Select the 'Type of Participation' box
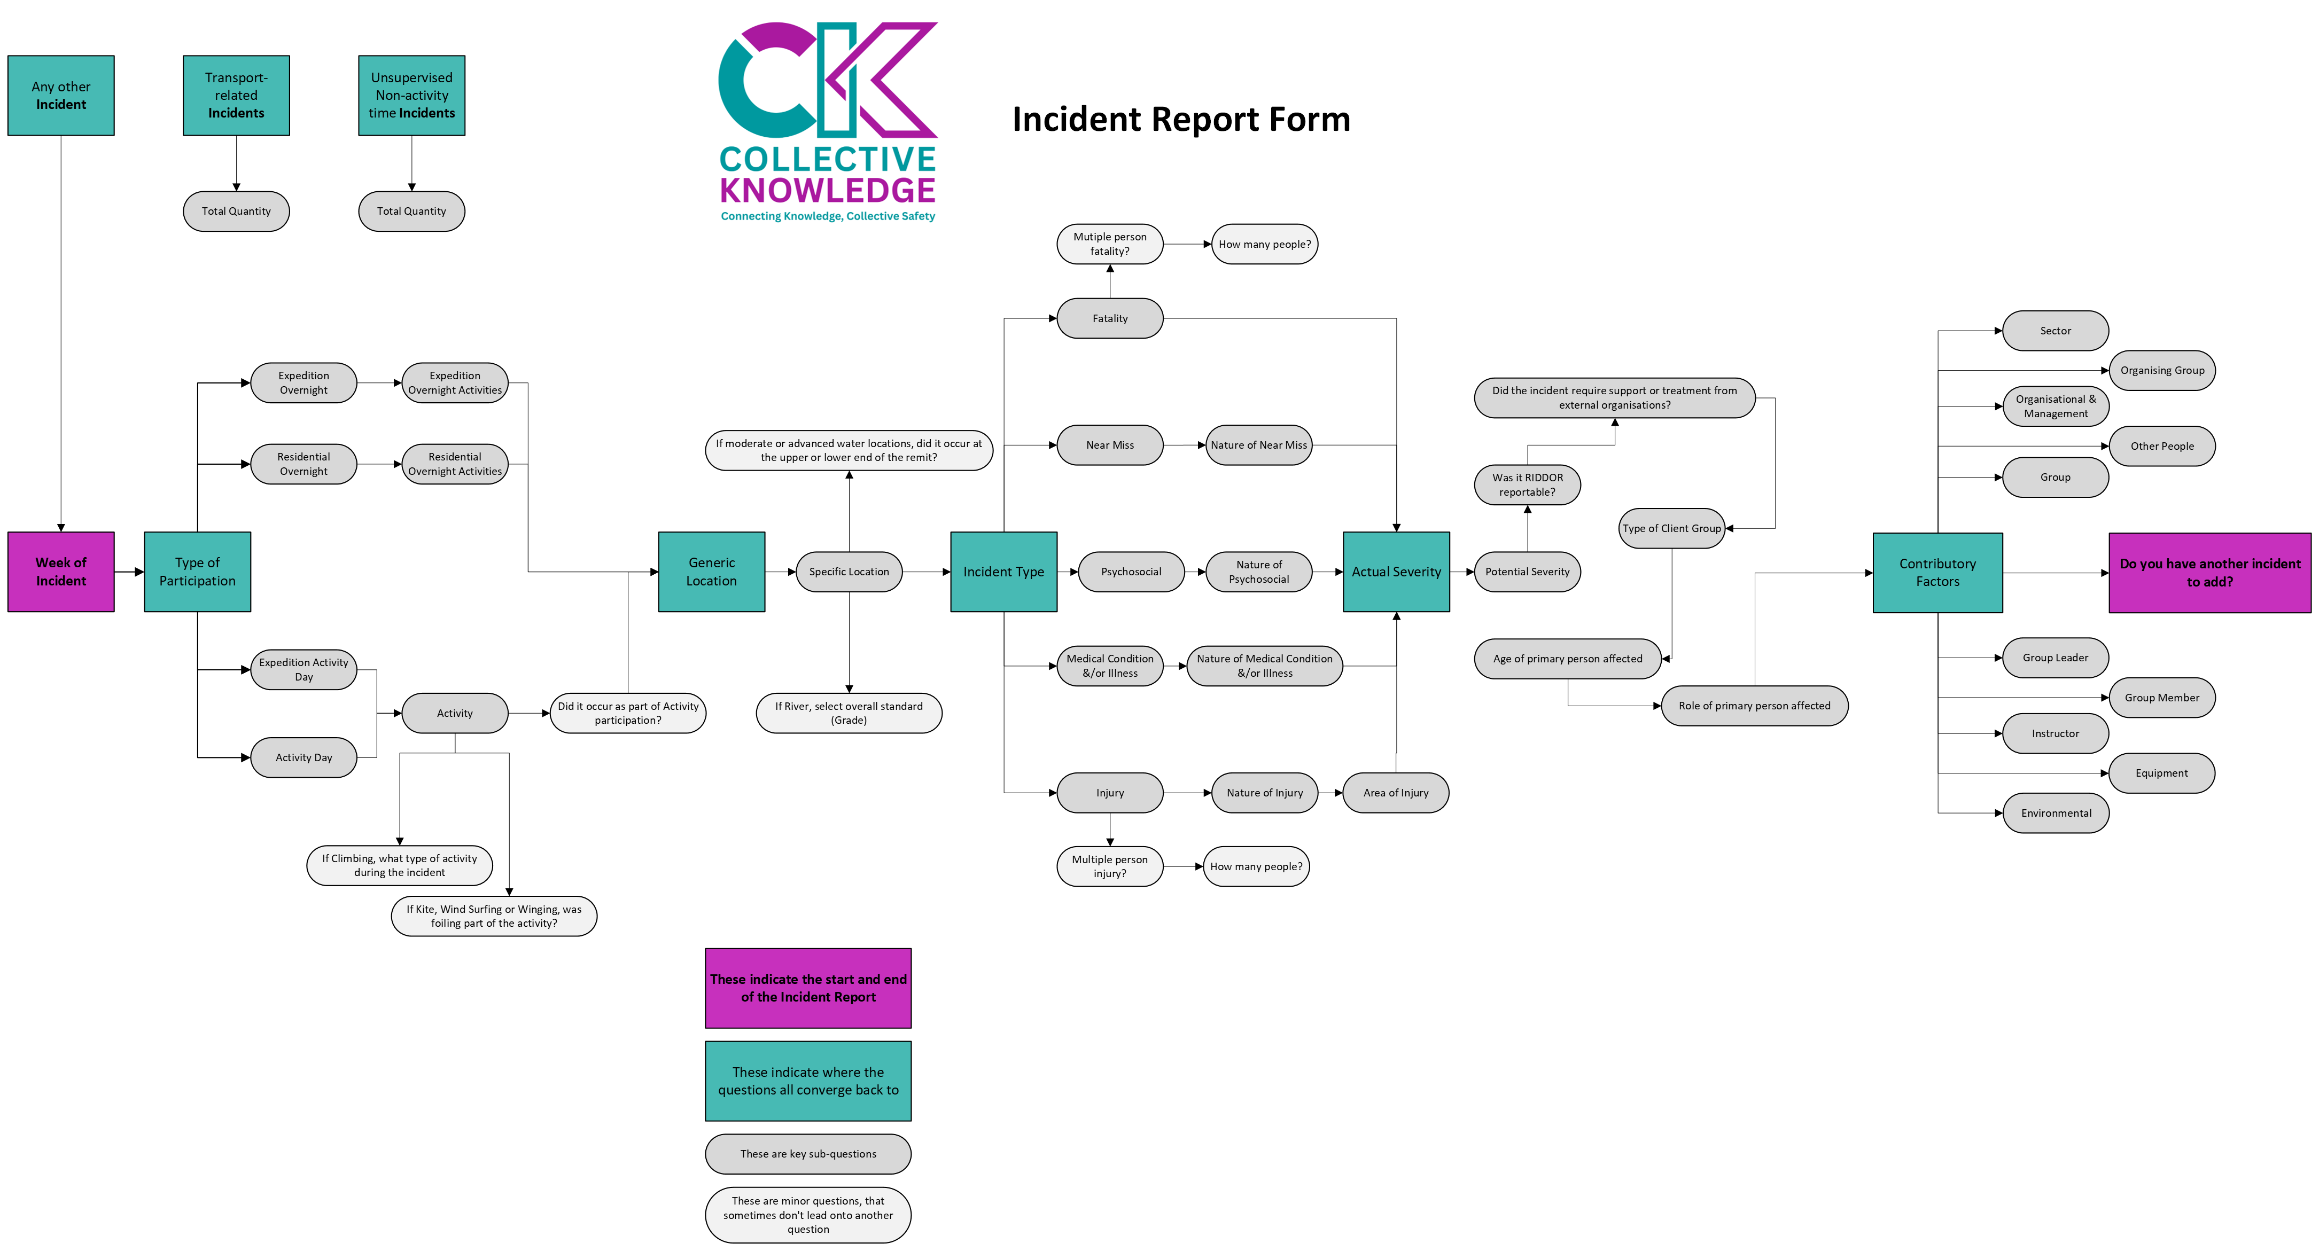[197, 572]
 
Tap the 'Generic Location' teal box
[711, 572]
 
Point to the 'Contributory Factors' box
[1937, 573]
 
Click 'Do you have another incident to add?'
[2209, 573]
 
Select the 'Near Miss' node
[1109, 444]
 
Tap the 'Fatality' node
[1109, 318]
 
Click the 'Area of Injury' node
[1395, 793]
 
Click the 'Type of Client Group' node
[1672, 528]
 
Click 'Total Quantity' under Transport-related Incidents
[236, 212]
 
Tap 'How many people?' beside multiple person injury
[1256, 867]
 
